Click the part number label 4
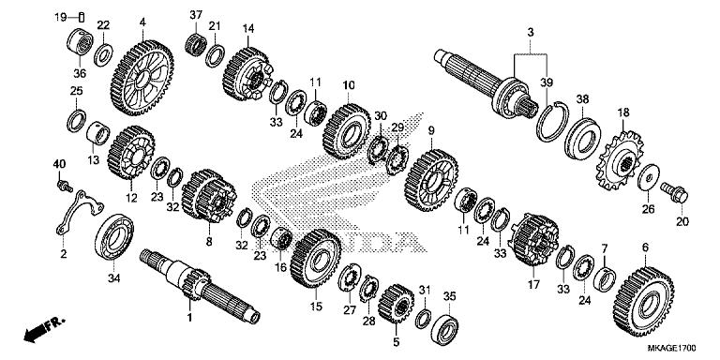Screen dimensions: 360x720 [x=142, y=22]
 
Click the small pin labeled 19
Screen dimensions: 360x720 [x=82, y=16]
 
